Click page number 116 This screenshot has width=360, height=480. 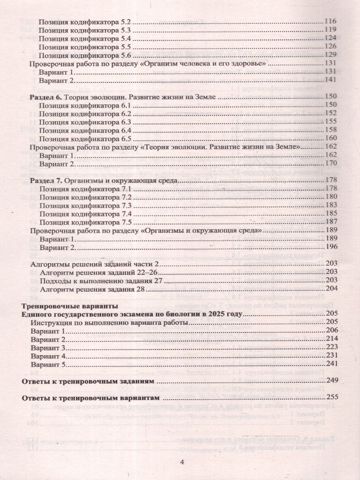332,22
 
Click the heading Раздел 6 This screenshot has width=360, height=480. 44,97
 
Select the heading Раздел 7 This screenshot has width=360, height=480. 44,181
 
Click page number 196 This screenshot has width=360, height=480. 332,248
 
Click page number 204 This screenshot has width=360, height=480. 332,289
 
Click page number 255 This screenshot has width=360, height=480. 332,397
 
